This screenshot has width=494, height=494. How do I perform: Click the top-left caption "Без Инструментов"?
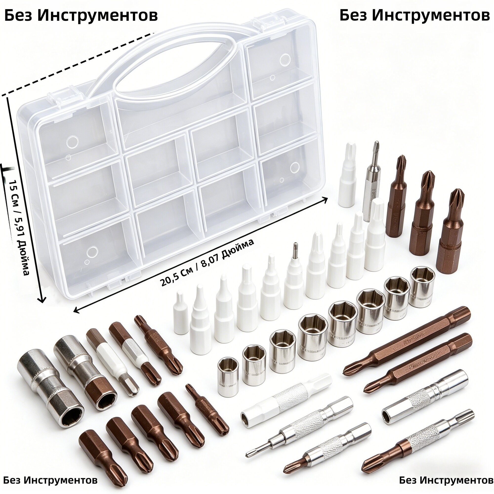click(x=81, y=16)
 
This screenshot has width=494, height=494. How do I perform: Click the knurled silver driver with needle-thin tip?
click(x=299, y=426)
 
